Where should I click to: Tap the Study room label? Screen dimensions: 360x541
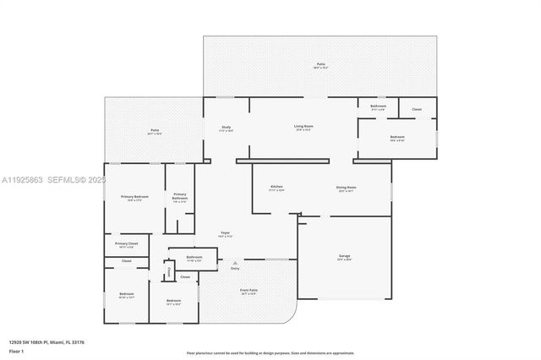point(227,128)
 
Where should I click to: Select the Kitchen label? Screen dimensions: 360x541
point(276,187)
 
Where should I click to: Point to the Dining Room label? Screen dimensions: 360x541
point(347,188)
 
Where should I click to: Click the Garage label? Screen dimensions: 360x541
point(344,256)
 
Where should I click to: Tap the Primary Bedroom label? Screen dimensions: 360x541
point(134,197)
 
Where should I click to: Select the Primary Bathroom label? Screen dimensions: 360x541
point(179,195)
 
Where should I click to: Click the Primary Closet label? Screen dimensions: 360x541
point(127,243)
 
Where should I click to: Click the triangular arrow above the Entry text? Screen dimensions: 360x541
point(235,262)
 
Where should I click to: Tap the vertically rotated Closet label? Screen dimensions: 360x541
point(169,271)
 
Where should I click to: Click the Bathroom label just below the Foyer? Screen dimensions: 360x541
point(194,256)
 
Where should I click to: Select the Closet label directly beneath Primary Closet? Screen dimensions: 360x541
point(126,261)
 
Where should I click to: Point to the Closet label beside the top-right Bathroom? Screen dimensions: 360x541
point(417,109)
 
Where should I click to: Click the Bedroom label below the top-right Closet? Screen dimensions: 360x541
point(396,136)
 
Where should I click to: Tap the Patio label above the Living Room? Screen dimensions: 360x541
point(321,64)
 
